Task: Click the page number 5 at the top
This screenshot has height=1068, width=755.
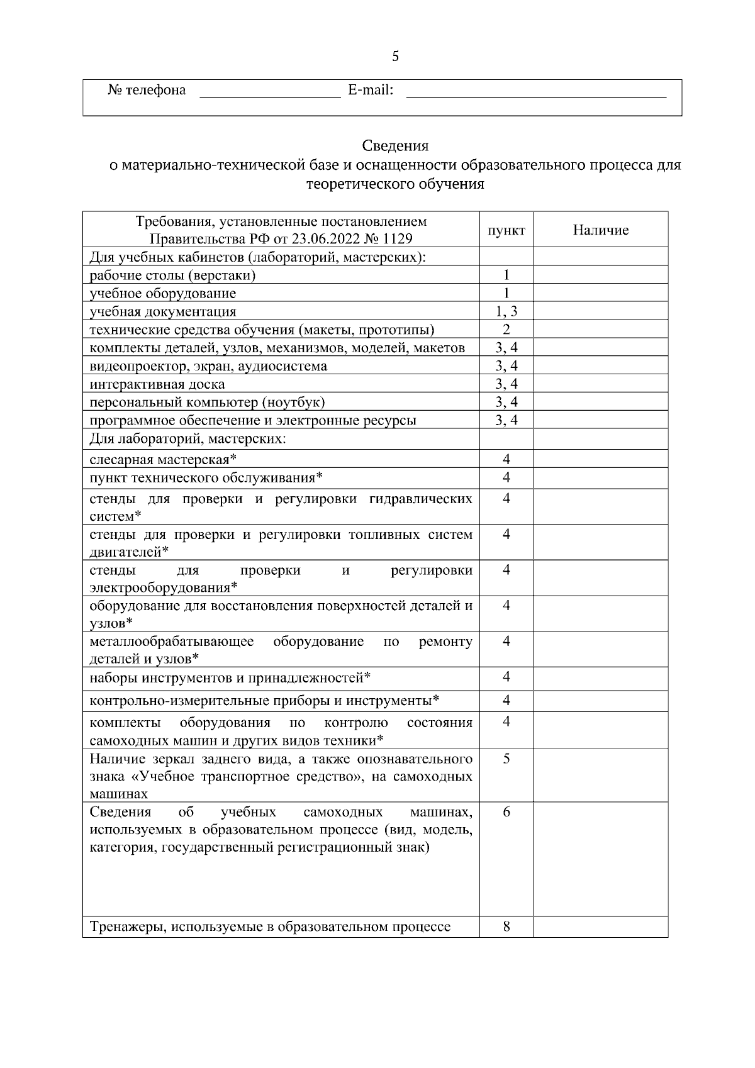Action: [x=395, y=57]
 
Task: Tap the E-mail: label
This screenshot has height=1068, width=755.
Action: [x=371, y=90]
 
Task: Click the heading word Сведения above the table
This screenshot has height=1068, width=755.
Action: [x=395, y=146]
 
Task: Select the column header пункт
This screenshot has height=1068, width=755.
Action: [x=506, y=230]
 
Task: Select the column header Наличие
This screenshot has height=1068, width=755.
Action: [x=600, y=230]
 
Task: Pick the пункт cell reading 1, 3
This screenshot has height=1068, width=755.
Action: [x=506, y=311]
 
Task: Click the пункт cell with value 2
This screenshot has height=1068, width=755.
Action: [x=506, y=330]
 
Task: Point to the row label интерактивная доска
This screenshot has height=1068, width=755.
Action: [x=157, y=384]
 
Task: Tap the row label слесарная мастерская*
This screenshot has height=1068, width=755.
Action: [x=163, y=460]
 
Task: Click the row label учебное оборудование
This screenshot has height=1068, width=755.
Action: [x=163, y=294]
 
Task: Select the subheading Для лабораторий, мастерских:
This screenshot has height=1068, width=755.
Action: [x=187, y=438]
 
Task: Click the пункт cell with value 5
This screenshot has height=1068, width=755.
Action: [x=506, y=759]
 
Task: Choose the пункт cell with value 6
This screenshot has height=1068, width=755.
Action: [x=506, y=813]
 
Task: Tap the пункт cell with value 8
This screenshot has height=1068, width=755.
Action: [x=506, y=926]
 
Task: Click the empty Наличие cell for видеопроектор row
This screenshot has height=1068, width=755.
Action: [x=600, y=366]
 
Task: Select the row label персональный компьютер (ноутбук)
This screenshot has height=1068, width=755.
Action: [x=207, y=403]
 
